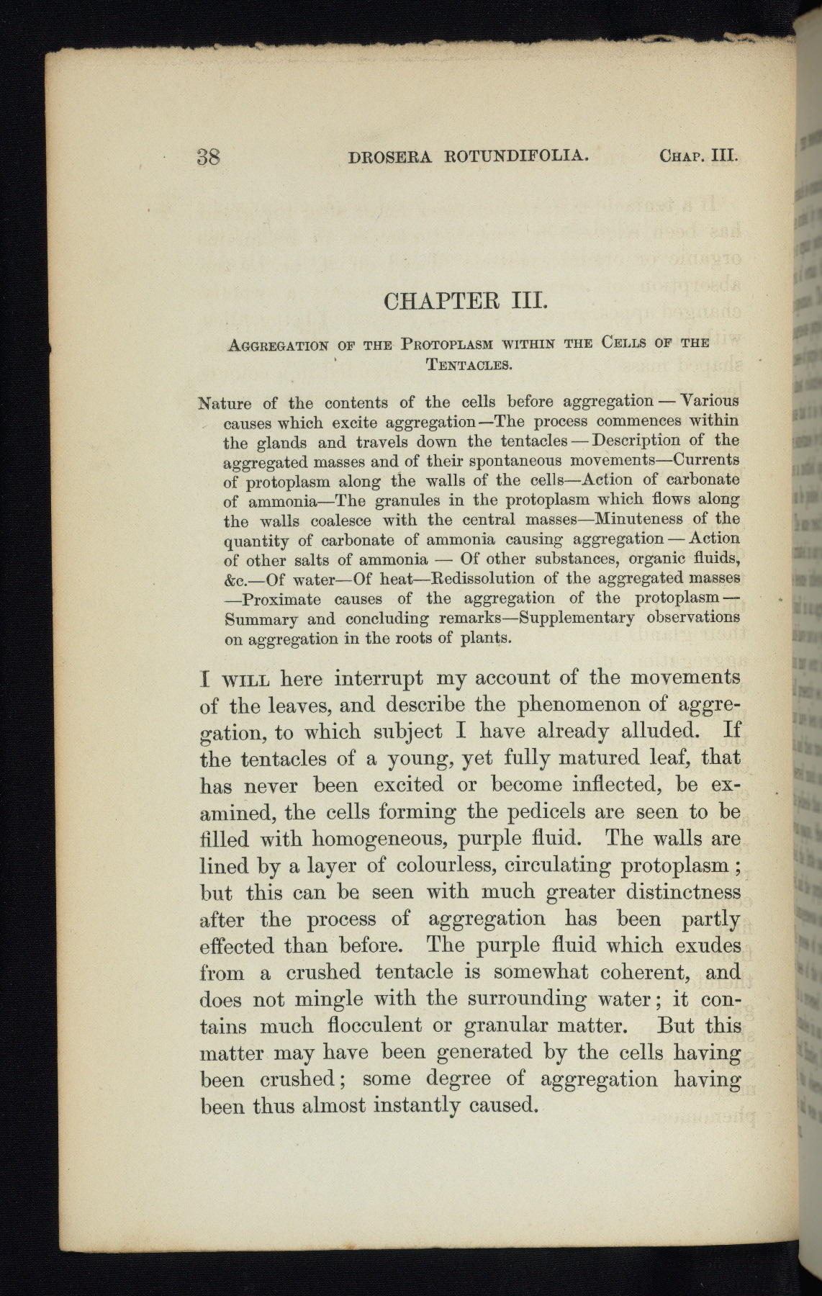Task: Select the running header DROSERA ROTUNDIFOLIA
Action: coord(469,156)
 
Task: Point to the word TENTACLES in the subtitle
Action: coord(469,364)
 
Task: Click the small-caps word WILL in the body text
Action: coord(245,679)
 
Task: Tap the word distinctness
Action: coord(672,892)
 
